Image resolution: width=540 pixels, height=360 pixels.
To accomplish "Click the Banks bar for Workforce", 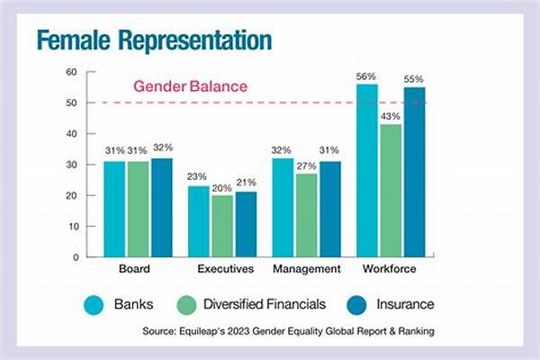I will tap(367, 171).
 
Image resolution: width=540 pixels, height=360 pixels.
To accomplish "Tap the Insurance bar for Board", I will tap(162, 208).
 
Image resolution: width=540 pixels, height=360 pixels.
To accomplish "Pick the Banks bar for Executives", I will tap(198, 221).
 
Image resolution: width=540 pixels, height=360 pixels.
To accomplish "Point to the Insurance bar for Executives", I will tap(246, 224).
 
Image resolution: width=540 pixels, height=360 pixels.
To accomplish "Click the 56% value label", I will tap(366, 76).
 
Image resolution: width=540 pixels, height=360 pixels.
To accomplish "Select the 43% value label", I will tap(391, 116).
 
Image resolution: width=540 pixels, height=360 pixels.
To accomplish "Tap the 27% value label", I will tap(306, 166).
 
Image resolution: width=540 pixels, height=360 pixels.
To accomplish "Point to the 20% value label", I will tap(222, 187).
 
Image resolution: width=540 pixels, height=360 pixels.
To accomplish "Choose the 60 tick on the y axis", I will tap(70, 72).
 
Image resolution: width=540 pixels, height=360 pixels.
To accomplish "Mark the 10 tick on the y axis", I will tap(70, 226).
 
